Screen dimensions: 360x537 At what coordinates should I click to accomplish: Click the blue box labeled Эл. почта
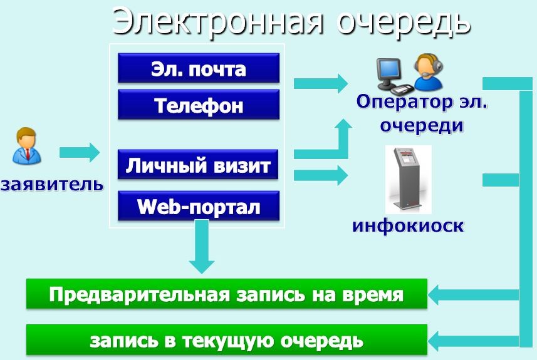pos(198,68)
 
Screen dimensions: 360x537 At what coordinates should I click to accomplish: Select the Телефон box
pos(198,105)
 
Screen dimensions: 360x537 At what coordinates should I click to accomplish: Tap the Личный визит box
pos(198,166)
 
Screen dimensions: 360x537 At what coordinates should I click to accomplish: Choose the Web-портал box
pos(198,206)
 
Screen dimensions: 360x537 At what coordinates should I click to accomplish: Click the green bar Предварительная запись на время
pos(226,294)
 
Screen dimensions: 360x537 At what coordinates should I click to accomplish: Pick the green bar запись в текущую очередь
pos(226,340)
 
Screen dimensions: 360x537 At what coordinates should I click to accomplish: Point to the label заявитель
pos(51,185)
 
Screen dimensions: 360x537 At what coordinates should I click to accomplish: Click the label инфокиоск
pos(408,225)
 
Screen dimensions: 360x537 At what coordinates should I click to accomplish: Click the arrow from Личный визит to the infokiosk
pos(320,175)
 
